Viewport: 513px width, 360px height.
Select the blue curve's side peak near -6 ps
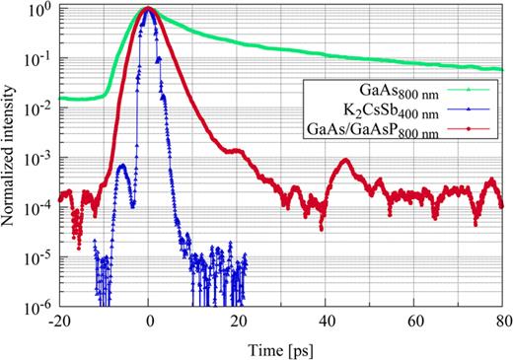(x=121, y=167)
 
